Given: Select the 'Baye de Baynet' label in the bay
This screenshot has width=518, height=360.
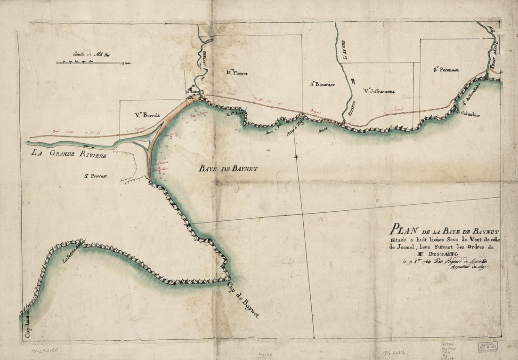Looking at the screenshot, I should tap(228, 168).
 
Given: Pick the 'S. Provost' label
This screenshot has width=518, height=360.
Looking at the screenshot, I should tap(96, 176).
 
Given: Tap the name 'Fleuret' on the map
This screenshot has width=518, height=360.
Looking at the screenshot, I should tap(239, 73).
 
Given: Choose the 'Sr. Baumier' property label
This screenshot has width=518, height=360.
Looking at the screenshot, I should tap(322, 85).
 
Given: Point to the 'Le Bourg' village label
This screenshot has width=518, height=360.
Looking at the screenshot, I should tap(194, 91).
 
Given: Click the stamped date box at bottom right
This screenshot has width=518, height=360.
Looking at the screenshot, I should tap(487, 347).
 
